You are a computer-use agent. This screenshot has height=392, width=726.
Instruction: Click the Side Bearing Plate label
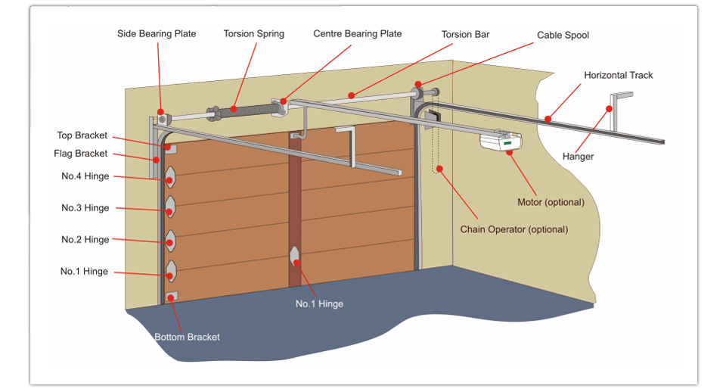pos(156,34)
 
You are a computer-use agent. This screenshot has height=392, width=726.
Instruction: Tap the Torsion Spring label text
pos(253,34)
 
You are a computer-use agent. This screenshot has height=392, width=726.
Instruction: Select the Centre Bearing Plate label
pos(357,34)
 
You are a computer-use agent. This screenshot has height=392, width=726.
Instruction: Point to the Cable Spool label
pos(563,36)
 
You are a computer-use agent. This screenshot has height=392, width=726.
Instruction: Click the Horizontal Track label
pos(618,76)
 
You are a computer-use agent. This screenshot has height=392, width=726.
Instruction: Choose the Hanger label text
pos(578,157)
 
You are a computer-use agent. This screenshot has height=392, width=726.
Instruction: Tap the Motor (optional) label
pos(551,202)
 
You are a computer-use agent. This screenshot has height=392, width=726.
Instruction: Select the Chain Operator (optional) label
pos(513,229)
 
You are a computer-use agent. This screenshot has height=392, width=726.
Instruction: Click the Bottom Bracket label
pos(187,337)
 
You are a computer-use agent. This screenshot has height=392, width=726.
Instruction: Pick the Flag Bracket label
pos(81,154)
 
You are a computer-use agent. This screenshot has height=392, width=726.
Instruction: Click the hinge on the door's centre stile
pos(295,256)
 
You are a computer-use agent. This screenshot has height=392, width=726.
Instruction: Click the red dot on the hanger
pos(609,109)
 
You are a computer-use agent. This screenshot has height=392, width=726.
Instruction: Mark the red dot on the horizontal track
pos(547,118)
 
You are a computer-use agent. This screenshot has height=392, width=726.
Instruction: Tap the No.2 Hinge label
pos(85,240)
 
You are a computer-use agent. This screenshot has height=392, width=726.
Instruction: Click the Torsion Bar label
pos(466,35)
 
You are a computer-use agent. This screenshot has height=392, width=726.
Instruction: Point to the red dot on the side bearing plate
pos(161,110)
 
